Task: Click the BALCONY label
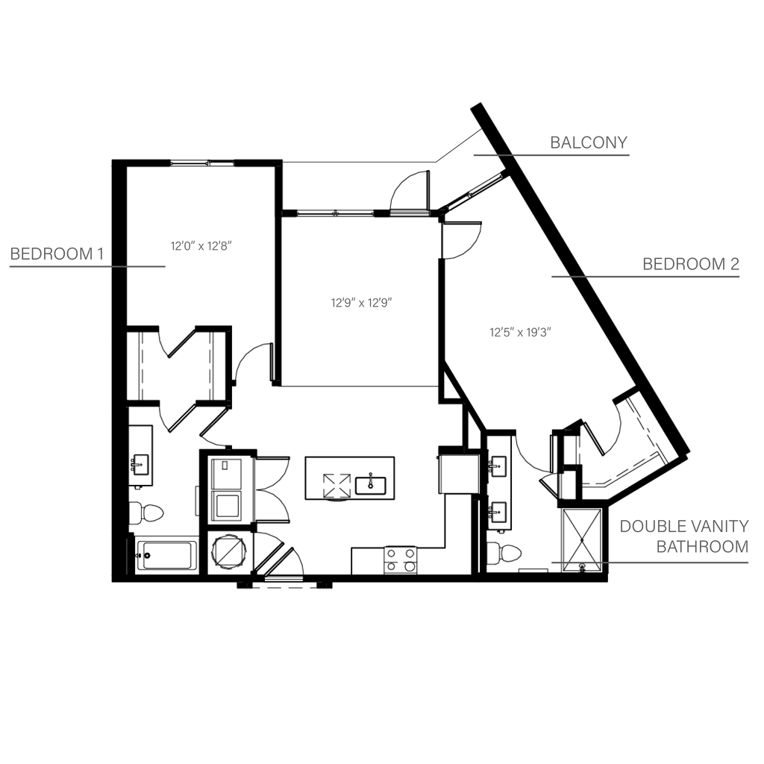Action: coord(589,142)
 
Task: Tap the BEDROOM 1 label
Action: coord(56,254)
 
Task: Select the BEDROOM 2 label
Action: coord(691,264)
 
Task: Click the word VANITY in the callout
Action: coord(719,527)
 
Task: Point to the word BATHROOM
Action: coord(701,548)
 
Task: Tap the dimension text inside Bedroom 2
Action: coord(519,332)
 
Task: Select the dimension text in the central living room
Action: coord(361,303)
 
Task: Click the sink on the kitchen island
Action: coord(369,485)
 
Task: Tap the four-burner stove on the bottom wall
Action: coord(400,559)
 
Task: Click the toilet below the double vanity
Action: coord(507,554)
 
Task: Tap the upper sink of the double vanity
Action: coord(498,467)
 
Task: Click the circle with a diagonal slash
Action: coord(226,554)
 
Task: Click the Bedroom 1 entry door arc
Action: coord(251,360)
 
